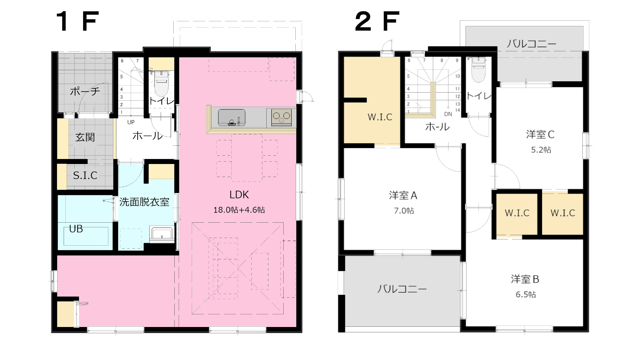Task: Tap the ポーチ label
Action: point(85,91)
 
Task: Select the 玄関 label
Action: point(85,137)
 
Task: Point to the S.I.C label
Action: point(85,175)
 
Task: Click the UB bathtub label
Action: point(76,229)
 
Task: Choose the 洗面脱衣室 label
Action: point(144,202)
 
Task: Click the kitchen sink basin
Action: point(232,118)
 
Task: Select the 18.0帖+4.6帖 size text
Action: point(239,210)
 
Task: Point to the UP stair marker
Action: point(131,122)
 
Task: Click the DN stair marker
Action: point(448,114)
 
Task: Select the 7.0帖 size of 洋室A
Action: point(404,211)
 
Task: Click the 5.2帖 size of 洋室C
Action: point(541,150)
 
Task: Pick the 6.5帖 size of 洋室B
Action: point(526,294)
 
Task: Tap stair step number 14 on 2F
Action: point(458,110)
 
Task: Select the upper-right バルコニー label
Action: point(531,44)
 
